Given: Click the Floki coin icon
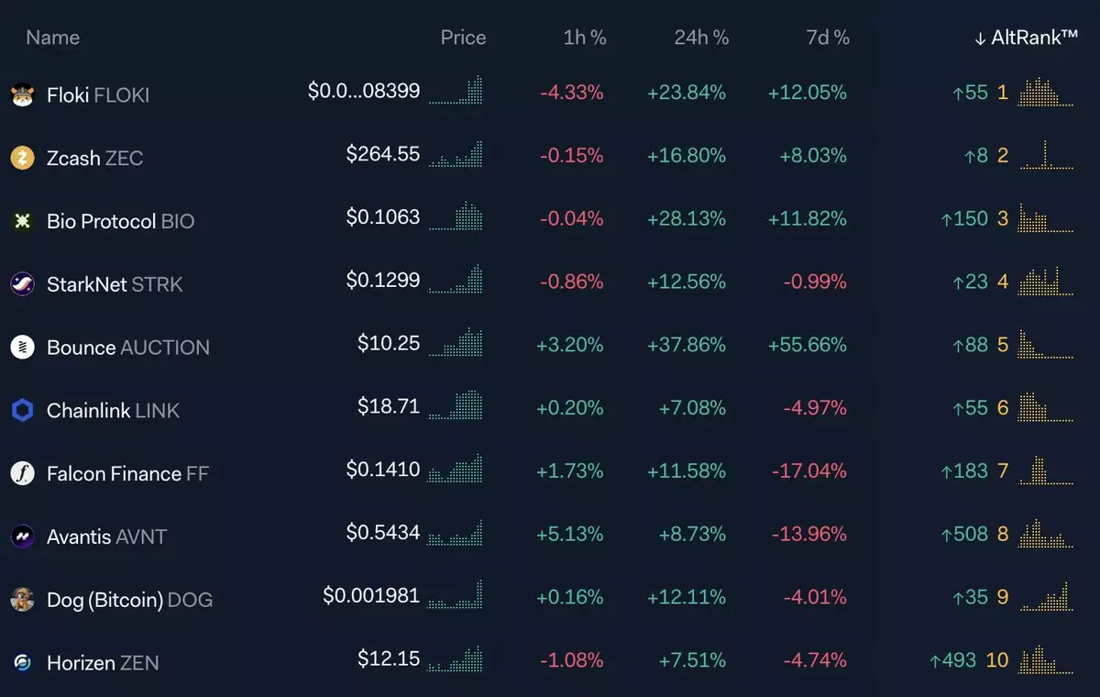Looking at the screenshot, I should click(22, 94).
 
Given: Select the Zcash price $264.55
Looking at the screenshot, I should click(383, 155).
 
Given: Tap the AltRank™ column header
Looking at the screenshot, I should click(1027, 38).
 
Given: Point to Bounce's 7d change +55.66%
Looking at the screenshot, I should click(808, 345).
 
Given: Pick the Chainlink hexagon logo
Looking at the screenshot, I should click(22, 410).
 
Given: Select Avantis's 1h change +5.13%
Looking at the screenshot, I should click(570, 534).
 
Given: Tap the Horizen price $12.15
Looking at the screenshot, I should click(389, 658).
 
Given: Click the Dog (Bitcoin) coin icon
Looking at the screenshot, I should click(22, 599).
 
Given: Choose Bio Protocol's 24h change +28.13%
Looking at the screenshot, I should click(687, 218).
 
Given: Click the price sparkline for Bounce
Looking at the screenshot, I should click(456, 343).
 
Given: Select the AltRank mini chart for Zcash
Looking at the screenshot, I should click(1046, 155).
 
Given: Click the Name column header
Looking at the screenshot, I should click(52, 38).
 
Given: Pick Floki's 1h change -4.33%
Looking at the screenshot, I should click(572, 93).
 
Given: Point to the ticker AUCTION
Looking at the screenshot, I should click(166, 348).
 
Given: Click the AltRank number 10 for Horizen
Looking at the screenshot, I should click(996, 660).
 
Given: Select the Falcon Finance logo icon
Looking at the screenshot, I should click(22, 473).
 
